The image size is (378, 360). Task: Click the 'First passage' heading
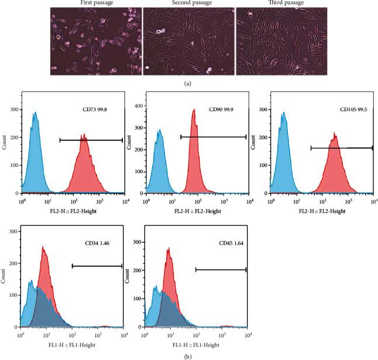tap(95, 4)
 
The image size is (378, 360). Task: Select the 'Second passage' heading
tap(189, 4)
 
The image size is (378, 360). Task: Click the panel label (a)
tap(189, 83)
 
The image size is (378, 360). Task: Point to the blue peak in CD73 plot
tap(35, 114)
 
